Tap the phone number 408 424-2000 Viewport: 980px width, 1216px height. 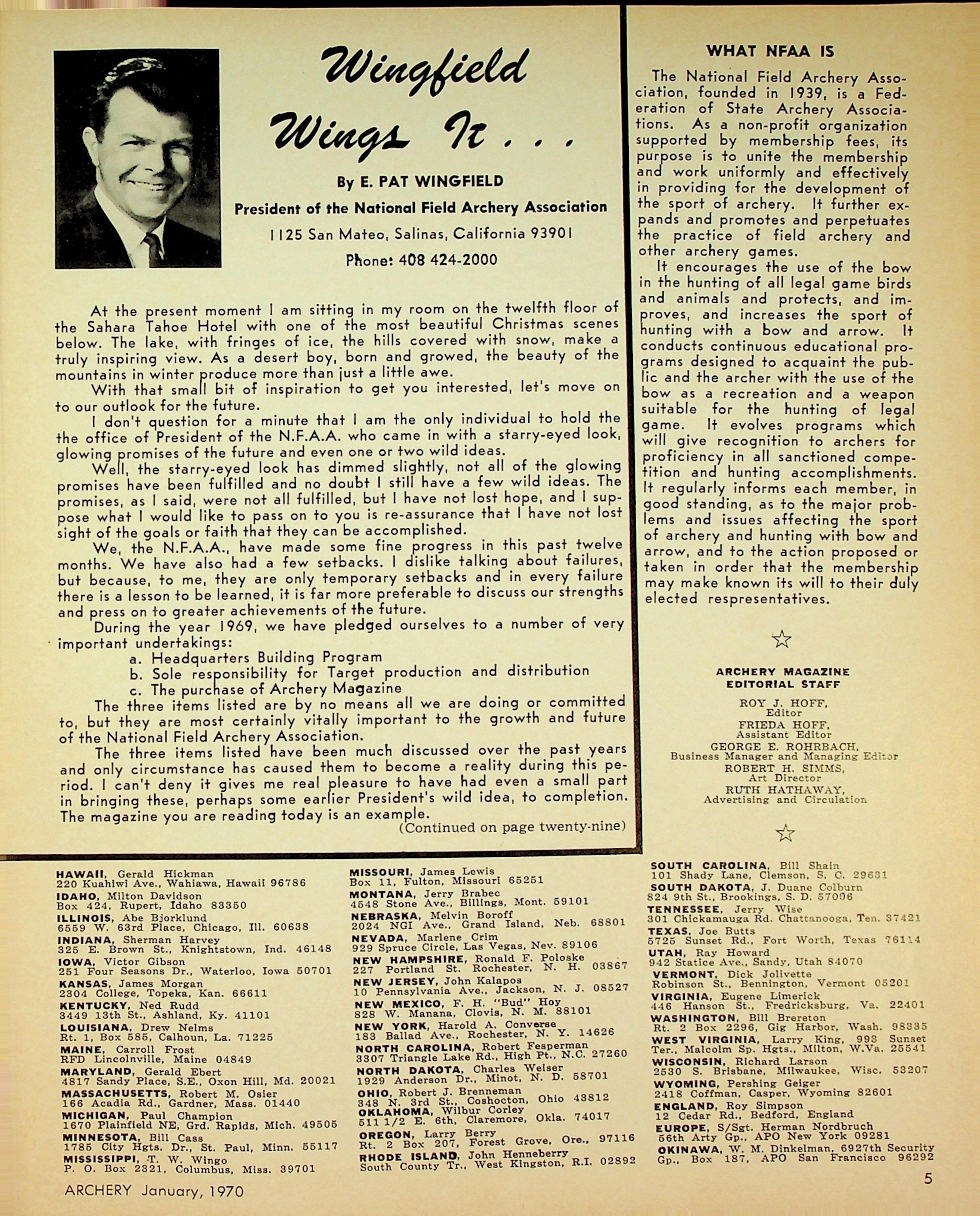point(447,260)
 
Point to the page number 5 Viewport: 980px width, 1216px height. point(928,1178)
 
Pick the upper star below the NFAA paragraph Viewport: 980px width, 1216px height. point(781,639)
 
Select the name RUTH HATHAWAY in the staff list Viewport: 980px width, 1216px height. point(785,790)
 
